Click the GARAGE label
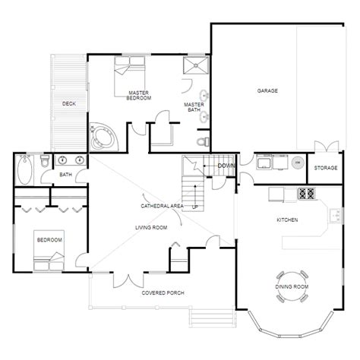267,90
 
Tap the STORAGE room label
326,167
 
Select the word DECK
69,103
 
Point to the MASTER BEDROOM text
139,95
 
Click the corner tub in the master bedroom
101,137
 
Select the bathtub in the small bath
24,168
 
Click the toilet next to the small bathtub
45,162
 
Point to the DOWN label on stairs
226,166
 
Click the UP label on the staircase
195,207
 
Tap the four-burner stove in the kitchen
307,194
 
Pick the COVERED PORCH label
163,293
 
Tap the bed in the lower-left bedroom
43,255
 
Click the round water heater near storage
298,163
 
